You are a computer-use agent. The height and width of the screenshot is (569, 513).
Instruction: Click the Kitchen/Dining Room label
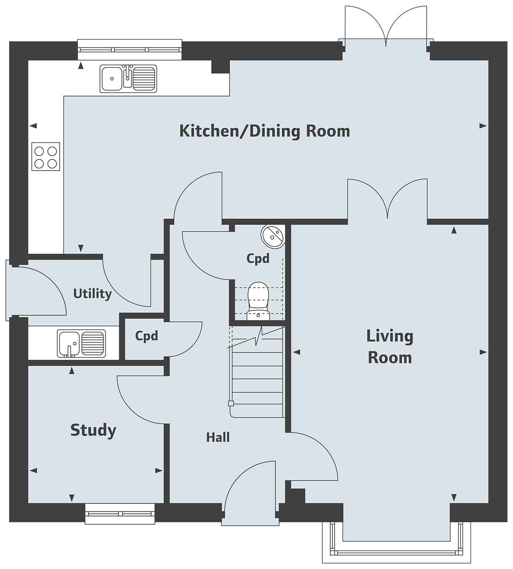coord(265,131)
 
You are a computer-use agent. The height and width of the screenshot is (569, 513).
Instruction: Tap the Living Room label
coord(390,347)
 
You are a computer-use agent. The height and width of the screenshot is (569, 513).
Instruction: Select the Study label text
coord(93,430)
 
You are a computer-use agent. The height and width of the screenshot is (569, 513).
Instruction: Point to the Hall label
coord(218,437)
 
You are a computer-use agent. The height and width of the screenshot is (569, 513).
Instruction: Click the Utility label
coord(93,294)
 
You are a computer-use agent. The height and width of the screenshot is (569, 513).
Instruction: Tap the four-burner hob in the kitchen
coord(46,156)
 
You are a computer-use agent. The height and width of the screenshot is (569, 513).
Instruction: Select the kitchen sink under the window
coord(128,78)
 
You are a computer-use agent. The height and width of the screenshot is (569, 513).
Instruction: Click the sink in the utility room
coord(81,343)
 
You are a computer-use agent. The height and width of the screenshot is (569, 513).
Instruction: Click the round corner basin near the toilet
coord(273,237)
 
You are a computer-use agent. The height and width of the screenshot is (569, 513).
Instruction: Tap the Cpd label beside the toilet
coord(258,259)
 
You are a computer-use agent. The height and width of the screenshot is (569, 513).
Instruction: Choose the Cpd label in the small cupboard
coord(146,336)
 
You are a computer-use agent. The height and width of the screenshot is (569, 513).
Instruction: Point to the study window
coord(120,514)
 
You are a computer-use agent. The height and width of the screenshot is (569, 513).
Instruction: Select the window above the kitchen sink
coord(130,49)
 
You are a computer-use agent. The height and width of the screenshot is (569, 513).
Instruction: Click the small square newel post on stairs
coord(231,403)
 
